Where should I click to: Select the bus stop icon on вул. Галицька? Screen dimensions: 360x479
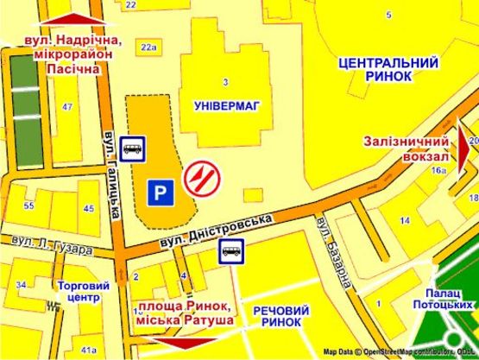tap(132, 148)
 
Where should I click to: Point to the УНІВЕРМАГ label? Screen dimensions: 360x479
tap(226, 105)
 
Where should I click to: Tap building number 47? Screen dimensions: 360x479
tap(66, 107)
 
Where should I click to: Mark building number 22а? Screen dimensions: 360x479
tap(148, 47)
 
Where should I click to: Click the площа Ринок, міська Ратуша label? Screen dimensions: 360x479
tap(185, 313)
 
